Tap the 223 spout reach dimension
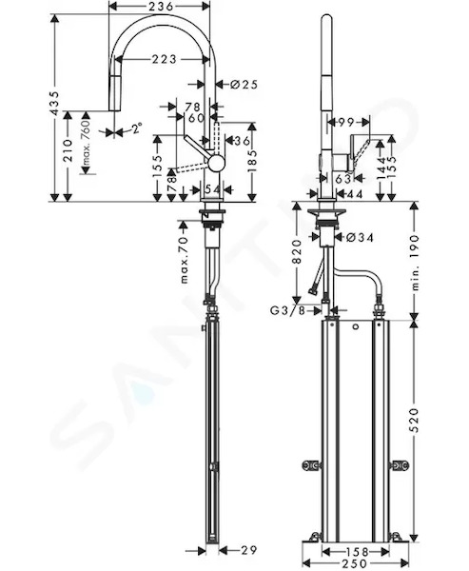164,59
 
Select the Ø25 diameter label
244,85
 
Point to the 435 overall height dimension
54,104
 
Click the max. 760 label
86,143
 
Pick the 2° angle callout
137,128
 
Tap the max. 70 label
185,260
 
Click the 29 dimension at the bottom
248,550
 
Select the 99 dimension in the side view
346,123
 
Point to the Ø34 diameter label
361,238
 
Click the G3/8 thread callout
287,310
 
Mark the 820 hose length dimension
298,252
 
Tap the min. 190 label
415,263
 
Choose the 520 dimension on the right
415,421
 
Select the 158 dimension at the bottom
355,552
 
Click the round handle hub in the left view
216,163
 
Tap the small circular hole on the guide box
356,326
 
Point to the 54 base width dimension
212,189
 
